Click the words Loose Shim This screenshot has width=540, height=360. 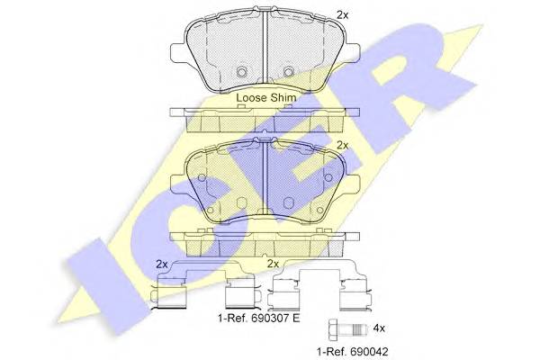[x=265, y=98]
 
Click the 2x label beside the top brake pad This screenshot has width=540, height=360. [x=342, y=14]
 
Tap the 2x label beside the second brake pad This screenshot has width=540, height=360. [x=342, y=146]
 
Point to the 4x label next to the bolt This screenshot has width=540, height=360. [x=379, y=328]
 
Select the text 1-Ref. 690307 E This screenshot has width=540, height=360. [x=259, y=318]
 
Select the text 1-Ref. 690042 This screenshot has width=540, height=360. [x=352, y=352]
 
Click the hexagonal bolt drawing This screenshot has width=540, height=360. [x=348, y=328]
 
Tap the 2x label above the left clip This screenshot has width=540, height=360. [x=162, y=265]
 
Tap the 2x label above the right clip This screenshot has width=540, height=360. [x=273, y=264]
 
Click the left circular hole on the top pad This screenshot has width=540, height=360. [x=242, y=72]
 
